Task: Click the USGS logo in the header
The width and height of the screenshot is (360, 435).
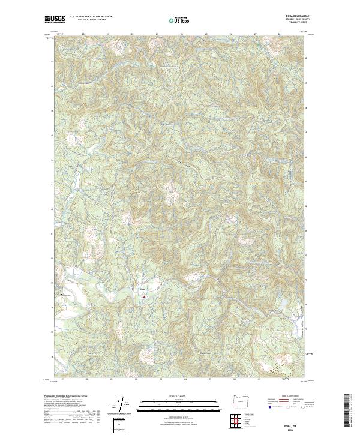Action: [55, 20]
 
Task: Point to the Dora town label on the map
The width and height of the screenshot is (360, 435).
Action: [143, 289]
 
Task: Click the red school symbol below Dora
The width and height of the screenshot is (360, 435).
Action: [143, 295]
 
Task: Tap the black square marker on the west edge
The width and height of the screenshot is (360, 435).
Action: [61, 293]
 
